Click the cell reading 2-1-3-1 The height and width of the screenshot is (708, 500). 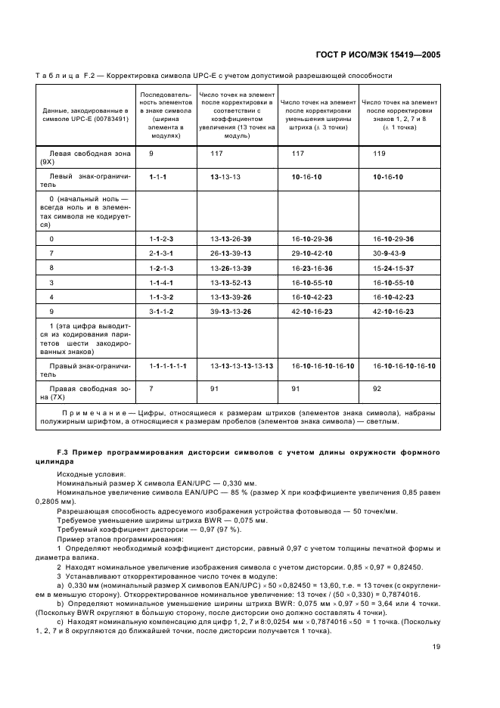tap(161, 253)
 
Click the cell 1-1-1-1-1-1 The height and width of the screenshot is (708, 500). tap(168, 365)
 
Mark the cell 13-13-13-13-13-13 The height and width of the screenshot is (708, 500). tap(241, 365)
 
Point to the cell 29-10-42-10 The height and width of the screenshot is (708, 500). tap(312, 253)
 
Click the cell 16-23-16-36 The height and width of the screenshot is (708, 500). tap(312, 268)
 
